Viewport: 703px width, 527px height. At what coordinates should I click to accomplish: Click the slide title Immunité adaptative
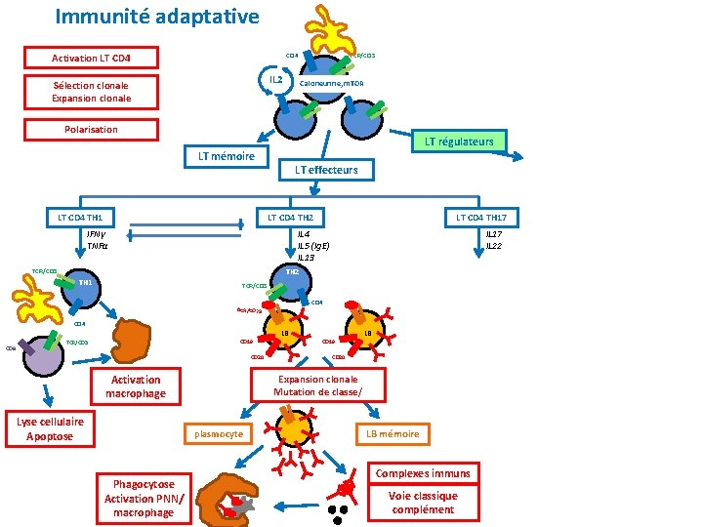[157, 17]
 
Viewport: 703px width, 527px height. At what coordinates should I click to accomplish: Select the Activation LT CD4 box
[91, 59]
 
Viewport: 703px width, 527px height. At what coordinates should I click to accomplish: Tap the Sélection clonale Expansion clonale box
[91, 92]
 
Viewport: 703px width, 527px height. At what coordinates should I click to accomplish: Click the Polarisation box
[91, 129]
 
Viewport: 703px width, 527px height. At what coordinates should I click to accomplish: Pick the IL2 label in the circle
[276, 78]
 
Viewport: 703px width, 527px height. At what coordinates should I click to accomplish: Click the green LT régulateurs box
[459, 142]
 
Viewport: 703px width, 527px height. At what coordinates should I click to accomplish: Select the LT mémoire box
[226, 156]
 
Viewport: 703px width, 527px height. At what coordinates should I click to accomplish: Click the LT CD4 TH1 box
[81, 217]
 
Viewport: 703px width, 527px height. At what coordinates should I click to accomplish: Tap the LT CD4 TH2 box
[290, 217]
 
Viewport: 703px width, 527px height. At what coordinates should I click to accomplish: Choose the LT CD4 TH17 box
[481, 217]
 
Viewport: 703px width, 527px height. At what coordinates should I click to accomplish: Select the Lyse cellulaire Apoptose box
[49, 428]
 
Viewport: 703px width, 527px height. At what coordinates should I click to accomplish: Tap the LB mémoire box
[393, 433]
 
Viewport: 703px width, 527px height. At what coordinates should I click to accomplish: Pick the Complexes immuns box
[423, 473]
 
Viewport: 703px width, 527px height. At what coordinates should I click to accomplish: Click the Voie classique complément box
[423, 503]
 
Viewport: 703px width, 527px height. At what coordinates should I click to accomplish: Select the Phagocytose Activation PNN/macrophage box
[144, 498]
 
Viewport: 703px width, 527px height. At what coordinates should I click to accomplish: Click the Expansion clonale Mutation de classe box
[318, 385]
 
